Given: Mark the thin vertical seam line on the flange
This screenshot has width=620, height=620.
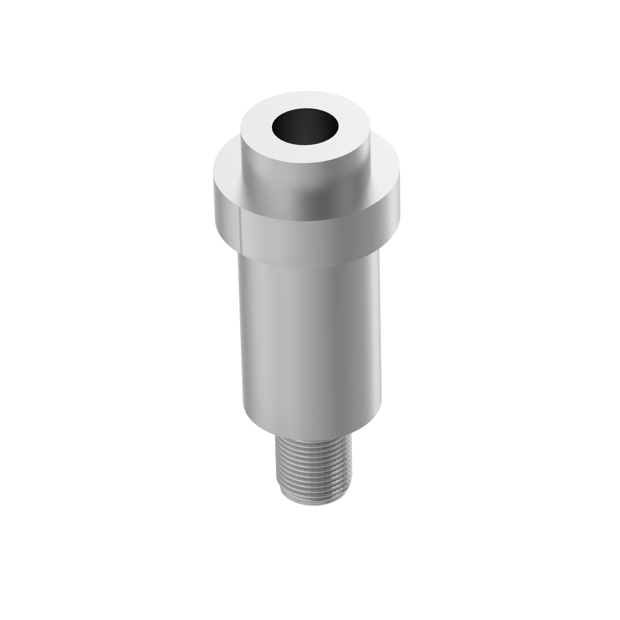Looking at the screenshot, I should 240,228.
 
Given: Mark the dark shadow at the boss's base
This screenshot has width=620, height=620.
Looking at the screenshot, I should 308,206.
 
